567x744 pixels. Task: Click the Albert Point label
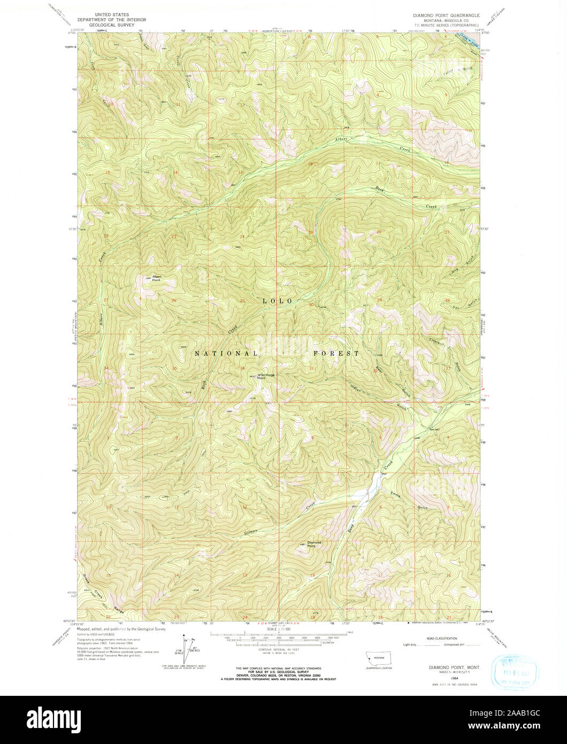coord(156,278)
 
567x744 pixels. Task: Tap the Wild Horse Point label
coord(266,376)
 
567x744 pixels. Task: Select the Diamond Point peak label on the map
coord(307,544)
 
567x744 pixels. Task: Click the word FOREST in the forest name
coord(336,354)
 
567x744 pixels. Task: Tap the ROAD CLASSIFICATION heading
coord(442,639)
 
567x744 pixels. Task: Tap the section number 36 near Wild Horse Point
coord(242,368)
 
